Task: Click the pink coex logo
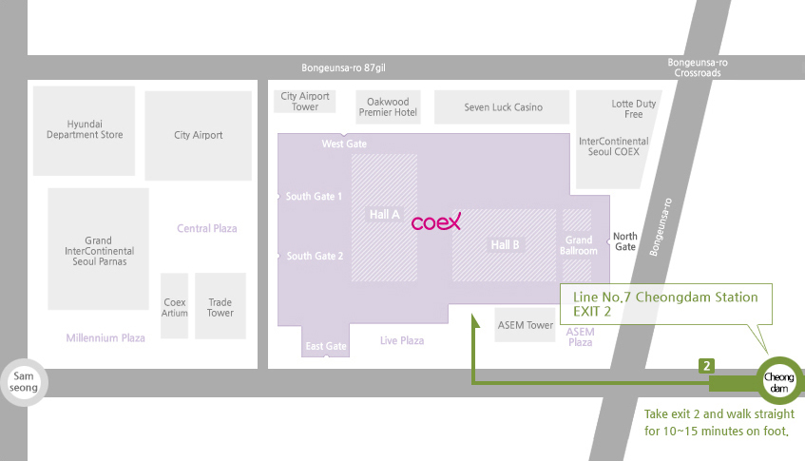pyautogui.click(x=436, y=221)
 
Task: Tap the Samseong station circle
pyautogui.click(x=24, y=382)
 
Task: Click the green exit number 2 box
pyautogui.click(x=706, y=366)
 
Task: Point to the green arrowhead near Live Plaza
pyautogui.click(x=475, y=321)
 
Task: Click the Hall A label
pyautogui.click(x=385, y=215)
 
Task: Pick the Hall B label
pyautogui.click(x=505, y=245)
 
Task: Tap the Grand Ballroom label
pyautogui.click(x=579, y=245)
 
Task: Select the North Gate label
pyautogui.click(x=625, y=241)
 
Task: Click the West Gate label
pyautogui.click(x=344, y=144)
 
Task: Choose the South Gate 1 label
pyautogui.click(x=314, y=196)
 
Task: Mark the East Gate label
pyautogui.click(x=326, y=346)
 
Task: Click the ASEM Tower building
pyautogui.click(x=525, y=325)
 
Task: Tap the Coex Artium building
pyautogui.click(x=175, y=306)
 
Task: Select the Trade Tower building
pyautogui.click(x=220, y=306)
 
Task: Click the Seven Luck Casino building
pyautogui.click(x=502, y=107)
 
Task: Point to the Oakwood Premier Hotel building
pyautogui.click(x=388, y=107)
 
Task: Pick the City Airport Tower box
pyautogui.click(x=305, y=102)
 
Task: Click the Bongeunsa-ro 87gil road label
pyautogui.click(x=343, y=67)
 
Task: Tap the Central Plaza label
pyautogui.click(x=207, y=228)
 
